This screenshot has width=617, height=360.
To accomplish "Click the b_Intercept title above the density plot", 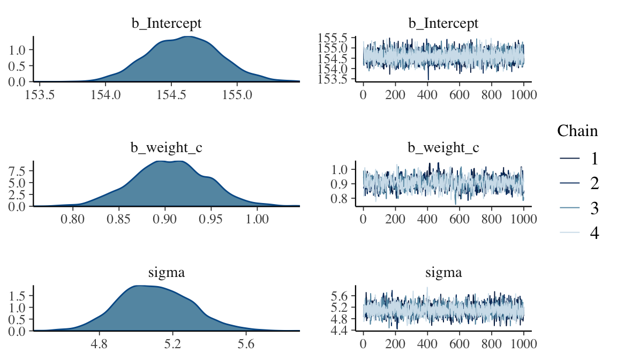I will click(166, 24).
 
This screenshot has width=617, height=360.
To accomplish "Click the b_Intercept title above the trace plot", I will click(443, 24).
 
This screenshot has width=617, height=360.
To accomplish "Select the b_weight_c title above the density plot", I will click(166, 148).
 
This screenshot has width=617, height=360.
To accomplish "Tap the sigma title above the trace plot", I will click(443, 273).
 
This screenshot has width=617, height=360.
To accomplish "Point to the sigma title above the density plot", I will click(166, 273).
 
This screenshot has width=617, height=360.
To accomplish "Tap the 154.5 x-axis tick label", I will click(171, 95).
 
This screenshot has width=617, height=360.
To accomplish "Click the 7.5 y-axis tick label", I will click(20, 171).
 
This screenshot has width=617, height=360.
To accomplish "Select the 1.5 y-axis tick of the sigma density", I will click(20, 296).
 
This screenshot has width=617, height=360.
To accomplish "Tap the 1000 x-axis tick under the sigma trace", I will click(523, 344).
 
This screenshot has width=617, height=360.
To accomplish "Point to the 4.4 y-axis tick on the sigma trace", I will click(341, 331).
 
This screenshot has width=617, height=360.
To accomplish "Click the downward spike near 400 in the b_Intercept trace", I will click(428, 79).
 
